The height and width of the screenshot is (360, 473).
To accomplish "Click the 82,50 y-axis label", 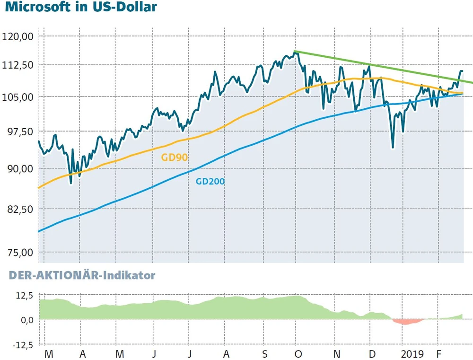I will [x=18, y=209].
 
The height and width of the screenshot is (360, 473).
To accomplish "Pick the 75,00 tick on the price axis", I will [x=18, y=252].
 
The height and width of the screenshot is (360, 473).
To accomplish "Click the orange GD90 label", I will [x=175, y=158].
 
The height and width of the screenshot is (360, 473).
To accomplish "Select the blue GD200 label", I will [x=210, y=181].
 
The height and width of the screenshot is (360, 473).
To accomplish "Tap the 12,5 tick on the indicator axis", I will [x=24, y=296].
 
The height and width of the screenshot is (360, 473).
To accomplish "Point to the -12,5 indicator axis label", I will [x=21, y=345].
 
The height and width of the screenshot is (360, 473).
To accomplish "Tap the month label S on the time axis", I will [x=265, y=353].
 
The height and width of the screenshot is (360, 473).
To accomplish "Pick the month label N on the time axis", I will [x=336, y=353].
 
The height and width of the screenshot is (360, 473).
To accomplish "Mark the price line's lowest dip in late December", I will [x=393, y=147].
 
